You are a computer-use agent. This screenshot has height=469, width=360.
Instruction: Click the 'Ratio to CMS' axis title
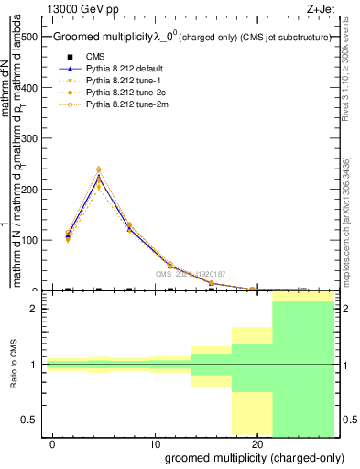click(x=14, y=365)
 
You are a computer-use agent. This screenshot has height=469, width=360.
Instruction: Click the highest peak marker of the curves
click(x=98, y=169)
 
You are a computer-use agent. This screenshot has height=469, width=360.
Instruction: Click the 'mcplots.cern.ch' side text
click(x=351, y=229)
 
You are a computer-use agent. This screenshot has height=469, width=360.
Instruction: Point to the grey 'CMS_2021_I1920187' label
click(x=190, y=274)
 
